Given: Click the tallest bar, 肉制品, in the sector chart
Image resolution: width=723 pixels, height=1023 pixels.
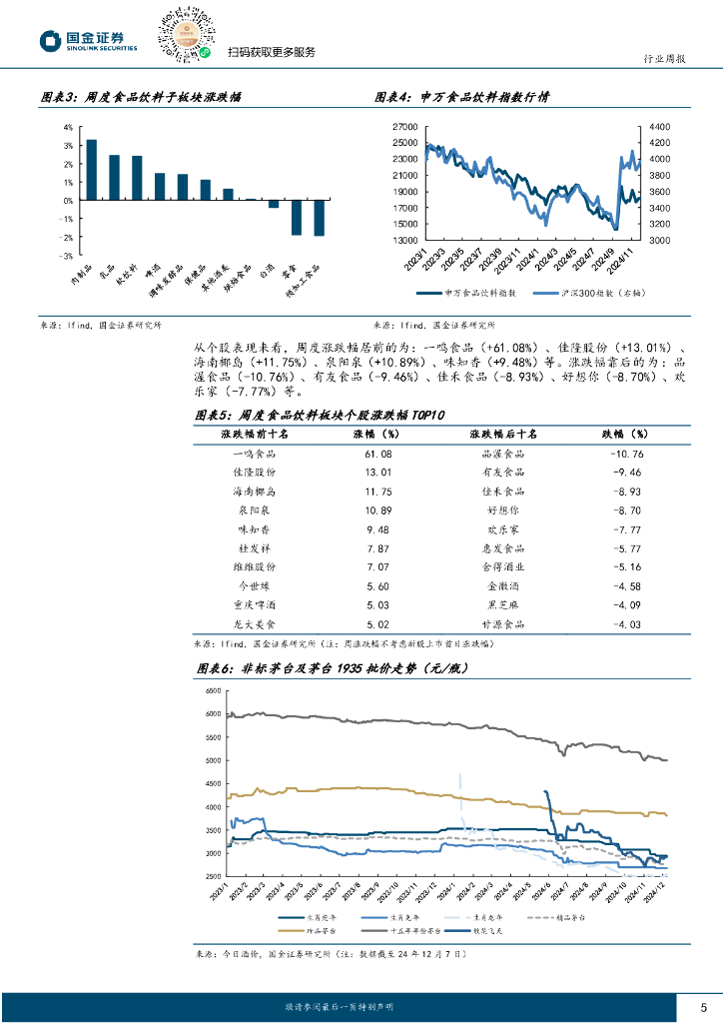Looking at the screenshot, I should tap(91, 170).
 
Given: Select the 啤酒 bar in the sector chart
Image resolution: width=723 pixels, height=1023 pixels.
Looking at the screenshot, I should tap(160, 187).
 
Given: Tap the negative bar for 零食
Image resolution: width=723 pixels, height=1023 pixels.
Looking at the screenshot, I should tap(297, 218).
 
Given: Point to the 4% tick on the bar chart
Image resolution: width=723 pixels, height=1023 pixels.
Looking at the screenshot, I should tap(67, 128).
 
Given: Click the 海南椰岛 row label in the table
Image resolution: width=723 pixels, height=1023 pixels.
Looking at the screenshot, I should tap(254, 492).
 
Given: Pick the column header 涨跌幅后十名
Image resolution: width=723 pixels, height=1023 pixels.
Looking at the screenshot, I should tap(503, 435).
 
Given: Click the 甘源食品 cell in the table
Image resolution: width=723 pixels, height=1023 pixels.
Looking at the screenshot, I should tap(503, 624).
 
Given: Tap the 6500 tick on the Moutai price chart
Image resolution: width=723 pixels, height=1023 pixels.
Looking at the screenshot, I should tap(213, 691).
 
